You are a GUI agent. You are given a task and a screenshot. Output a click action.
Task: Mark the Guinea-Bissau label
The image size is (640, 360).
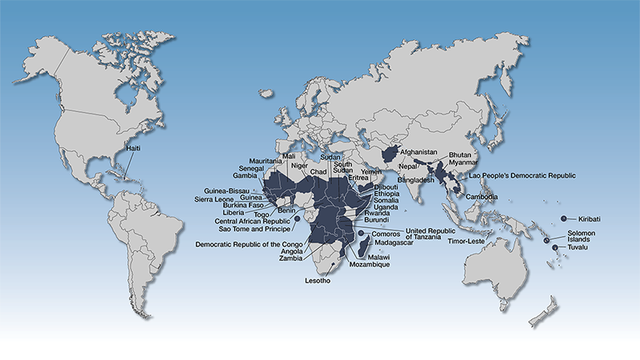coord(227,190)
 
